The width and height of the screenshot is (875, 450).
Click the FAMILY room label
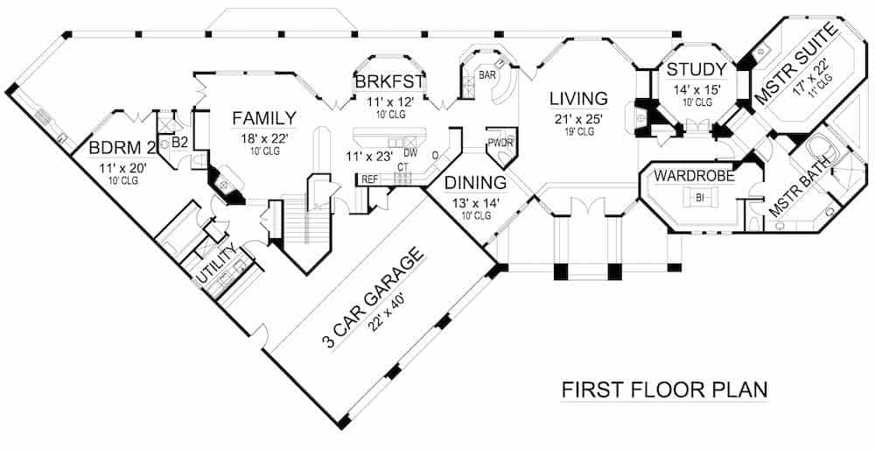click(x=263, y=118)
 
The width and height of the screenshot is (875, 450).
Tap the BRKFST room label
click(x=389, y=83)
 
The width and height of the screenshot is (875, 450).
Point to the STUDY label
click(x=696, y=69)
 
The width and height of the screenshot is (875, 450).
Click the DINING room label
click(x=475, y=183)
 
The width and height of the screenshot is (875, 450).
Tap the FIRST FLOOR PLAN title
click(x=664, y=388)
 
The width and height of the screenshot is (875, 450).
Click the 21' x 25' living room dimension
click(x=577, y=118)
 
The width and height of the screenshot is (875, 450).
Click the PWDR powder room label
click(x=501, y=143)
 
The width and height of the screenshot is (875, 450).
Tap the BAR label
click(x=487, y=76)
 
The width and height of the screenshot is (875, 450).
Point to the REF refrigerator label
click(x=369, y=179)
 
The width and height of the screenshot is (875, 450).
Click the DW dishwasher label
click(x=410, y=152)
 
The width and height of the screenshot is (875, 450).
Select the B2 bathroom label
click(x=179, y=141)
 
